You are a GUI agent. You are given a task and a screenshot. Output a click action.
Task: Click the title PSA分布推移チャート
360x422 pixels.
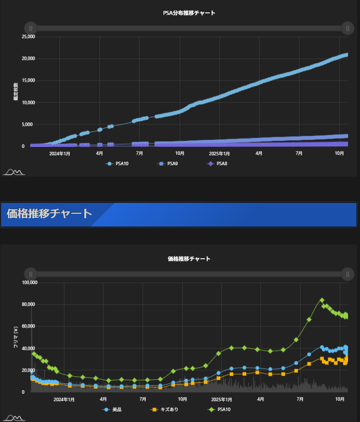point(189,13)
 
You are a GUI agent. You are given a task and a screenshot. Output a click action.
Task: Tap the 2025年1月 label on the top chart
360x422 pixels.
point(219,154)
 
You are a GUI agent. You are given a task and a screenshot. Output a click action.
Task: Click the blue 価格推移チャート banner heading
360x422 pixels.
point(50,214)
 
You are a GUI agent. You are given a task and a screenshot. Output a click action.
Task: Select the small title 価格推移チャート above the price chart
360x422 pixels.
point(189,259)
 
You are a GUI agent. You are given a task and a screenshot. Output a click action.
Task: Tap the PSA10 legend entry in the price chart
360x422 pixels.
point(220,410)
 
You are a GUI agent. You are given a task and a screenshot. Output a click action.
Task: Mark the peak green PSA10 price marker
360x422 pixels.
point(322,300)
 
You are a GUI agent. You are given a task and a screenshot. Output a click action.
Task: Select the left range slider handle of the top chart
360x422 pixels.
point(30,28)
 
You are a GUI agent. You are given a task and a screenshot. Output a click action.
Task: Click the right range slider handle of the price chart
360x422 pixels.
point(348,274)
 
